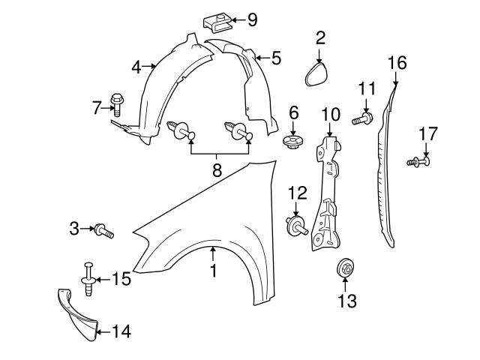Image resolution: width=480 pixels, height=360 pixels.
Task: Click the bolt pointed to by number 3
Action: (105, 230)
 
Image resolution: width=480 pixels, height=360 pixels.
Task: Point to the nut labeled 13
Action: (345, 267)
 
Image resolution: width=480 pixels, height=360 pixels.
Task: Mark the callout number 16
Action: (397, 62)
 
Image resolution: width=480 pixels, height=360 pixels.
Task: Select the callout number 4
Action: (136, 67)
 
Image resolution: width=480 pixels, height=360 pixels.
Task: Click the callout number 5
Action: (277, 56)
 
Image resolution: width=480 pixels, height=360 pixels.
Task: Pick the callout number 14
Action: (121, 331)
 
